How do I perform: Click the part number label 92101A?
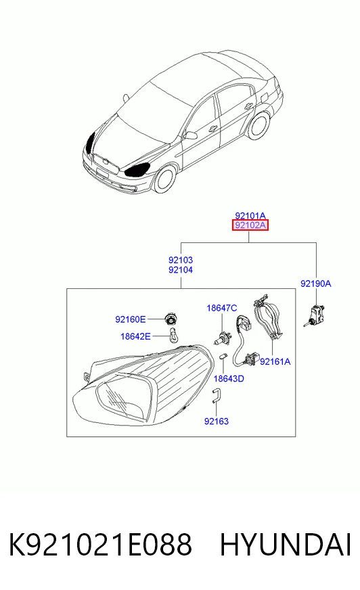point(250,216)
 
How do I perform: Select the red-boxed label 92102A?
point(250,225)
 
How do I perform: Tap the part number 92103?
point(181,260)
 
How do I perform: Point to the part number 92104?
point(181,270)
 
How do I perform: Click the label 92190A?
point(315,283)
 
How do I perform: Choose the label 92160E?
point(130,319)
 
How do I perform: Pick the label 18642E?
point(135,336)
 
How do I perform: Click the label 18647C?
point(221,308)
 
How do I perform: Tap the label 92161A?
point(275,361)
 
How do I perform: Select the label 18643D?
point(229,378)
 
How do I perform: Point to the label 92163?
point(217,421)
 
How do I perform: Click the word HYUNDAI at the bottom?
point(286,545)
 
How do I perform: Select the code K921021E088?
point(100,545)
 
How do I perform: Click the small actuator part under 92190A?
point(315,314)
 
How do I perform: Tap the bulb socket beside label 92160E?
point(171,319)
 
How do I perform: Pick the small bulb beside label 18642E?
point(173,335)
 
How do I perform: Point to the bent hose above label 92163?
point(217,395)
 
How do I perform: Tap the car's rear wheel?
point(260,124)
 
